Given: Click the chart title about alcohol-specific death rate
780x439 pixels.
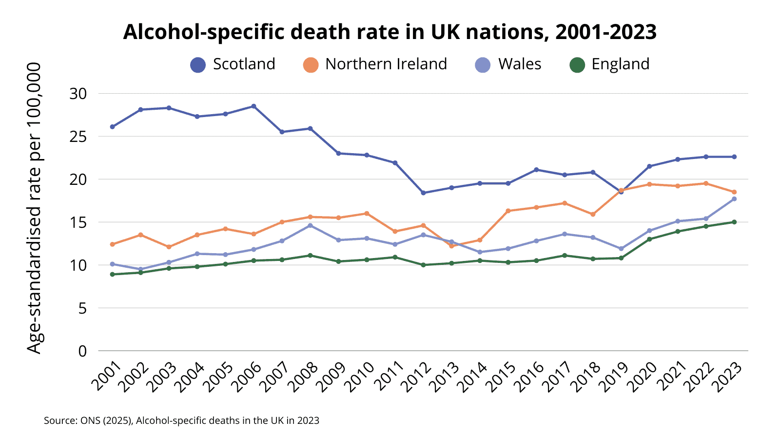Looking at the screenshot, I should click(x=390, y=32).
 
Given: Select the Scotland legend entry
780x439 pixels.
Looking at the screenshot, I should click(x=233, y=64).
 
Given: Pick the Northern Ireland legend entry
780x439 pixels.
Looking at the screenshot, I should click(x=375, y=64).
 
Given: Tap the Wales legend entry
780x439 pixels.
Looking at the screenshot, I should click(x=508, y=64).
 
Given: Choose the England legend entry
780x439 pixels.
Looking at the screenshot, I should click(x=610, y=64).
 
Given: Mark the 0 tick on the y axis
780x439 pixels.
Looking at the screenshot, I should click(x=82, y=351).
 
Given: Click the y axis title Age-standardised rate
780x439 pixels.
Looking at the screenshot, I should click(x=34, y=208).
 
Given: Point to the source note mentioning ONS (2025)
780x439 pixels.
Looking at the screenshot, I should click(x=181, y=420).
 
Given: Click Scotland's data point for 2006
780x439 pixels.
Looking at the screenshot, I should click(x=253, y=106).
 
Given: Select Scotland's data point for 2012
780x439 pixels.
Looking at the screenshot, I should click(x=423, y=193).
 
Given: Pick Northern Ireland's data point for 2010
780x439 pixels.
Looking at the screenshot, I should click(x=367, y=214).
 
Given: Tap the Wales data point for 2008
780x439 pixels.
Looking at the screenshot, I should click(x=310, y=225).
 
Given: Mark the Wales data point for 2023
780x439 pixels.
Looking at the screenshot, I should click(x=734, y=199).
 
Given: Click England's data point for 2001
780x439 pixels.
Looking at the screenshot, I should click(x=112, y=274).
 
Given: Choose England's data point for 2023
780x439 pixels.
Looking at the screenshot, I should click(x=734, y=222).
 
